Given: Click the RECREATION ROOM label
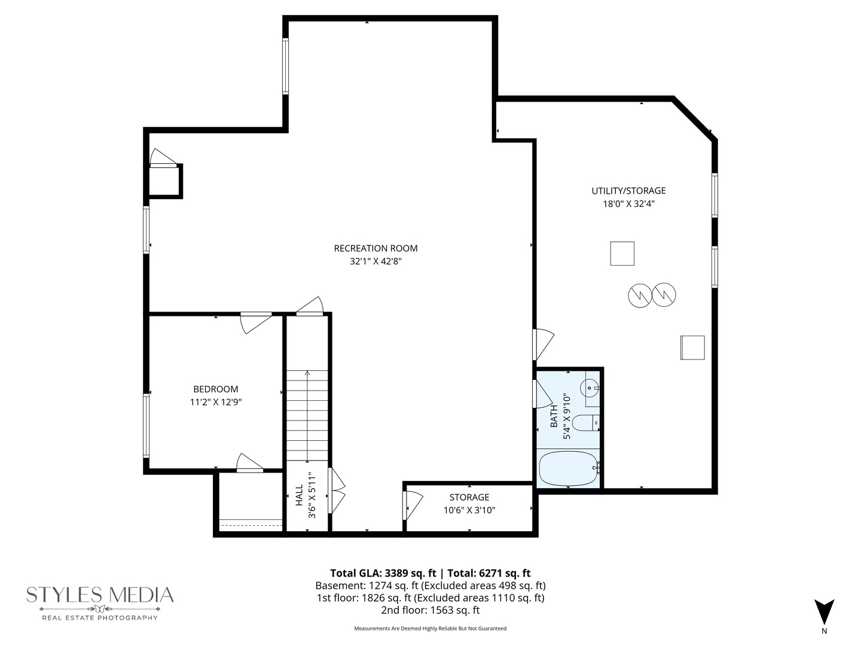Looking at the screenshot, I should click(x=375, y=248).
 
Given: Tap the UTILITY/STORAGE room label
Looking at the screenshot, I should click(x=628, y=191).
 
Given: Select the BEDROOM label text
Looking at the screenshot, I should click(x=215, y=389).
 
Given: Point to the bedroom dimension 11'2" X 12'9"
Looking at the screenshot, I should click(x=215, y=403).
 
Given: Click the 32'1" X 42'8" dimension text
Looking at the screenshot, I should click(x=375, y=261).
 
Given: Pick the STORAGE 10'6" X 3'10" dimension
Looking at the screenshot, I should click(x=469, y=510).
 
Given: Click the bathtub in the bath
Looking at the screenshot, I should click(x=568, y=469).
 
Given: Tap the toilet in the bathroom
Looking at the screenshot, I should click(x=585, y=423).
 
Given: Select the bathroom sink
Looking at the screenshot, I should click(x=591, y=388).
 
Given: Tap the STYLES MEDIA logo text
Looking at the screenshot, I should click(x=100, y=595).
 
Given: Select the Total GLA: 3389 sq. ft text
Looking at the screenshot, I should click(x=383, y=573).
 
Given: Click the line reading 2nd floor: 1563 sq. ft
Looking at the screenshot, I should click(x=430, y=610).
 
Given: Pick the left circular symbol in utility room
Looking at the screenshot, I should click(x=639, y=295).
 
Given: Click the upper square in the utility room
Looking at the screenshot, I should click(x=622, y=253).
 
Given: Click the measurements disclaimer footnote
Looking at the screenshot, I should click(x=430, y=629).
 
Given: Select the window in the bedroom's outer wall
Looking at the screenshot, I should click(x=146, y=425).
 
